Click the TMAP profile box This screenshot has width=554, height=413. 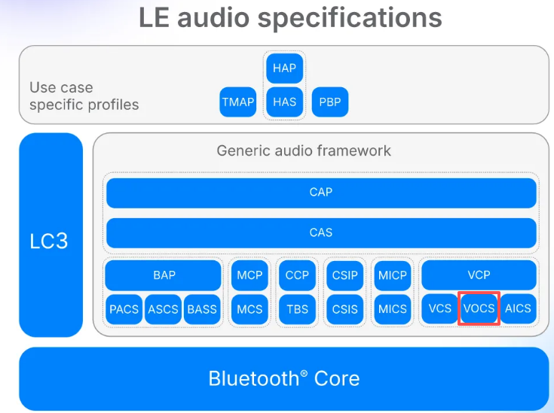(x=238, y=102)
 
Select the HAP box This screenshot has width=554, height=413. (x=285, y=68)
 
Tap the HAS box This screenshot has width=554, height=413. (x=285, y=102)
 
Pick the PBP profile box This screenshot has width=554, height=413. (x=330, y=102)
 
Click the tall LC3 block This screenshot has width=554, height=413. (x=51, y=235)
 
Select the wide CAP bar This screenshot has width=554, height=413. (x=321, y=193)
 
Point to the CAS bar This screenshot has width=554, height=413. (x=321, y=232)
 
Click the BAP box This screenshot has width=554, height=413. (x=164, y=275)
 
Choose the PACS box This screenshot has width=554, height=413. (x=124, y=308)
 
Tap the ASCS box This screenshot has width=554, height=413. (x=164, y=308)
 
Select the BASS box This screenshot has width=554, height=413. (x=202, y=308)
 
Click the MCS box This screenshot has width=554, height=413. (x=249, y=308)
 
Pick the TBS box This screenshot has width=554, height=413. (x=297, y=308)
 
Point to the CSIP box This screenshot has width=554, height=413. (x=345, y=275)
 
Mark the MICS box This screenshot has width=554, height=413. (x=393, y=308)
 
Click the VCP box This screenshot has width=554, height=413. (x=479, y=275)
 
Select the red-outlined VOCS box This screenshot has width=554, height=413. (x=479, y=308)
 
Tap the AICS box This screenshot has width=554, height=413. (x=519, y=308)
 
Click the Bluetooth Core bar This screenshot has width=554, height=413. (x=283, y=378)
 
